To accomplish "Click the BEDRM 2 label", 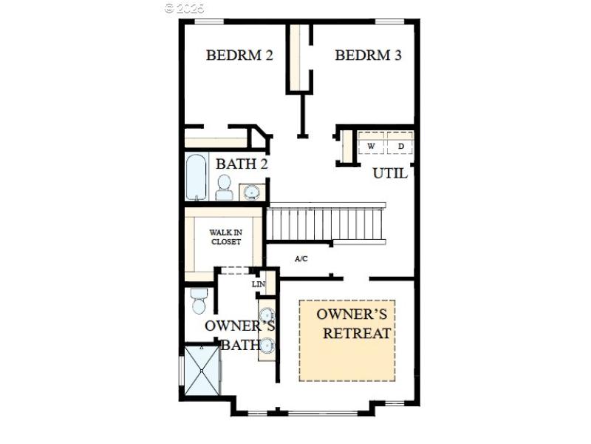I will click(x=239, y=55).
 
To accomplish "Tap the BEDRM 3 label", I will click(x=368, y=55).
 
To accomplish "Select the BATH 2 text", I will click(x=242, y=164).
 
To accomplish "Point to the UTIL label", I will click(x=390, y=174).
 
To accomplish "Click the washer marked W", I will click(x=372, y=146).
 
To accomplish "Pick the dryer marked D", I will click(x=401, y=146).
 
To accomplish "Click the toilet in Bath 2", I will click(x=225, y=189).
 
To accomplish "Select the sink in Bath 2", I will click(x=252, y=192).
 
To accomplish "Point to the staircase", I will click(x=325, y=223).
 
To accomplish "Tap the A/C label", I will click(x=301, y=259).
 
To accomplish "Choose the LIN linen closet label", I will click(x=258, y=284).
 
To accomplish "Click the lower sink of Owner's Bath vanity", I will click(x=266, y=345).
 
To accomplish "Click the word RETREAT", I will click(x=356, y=333).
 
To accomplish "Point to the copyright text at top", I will click(x=184, y=8).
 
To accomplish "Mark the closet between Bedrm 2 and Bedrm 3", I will click(x=299, y=58).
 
